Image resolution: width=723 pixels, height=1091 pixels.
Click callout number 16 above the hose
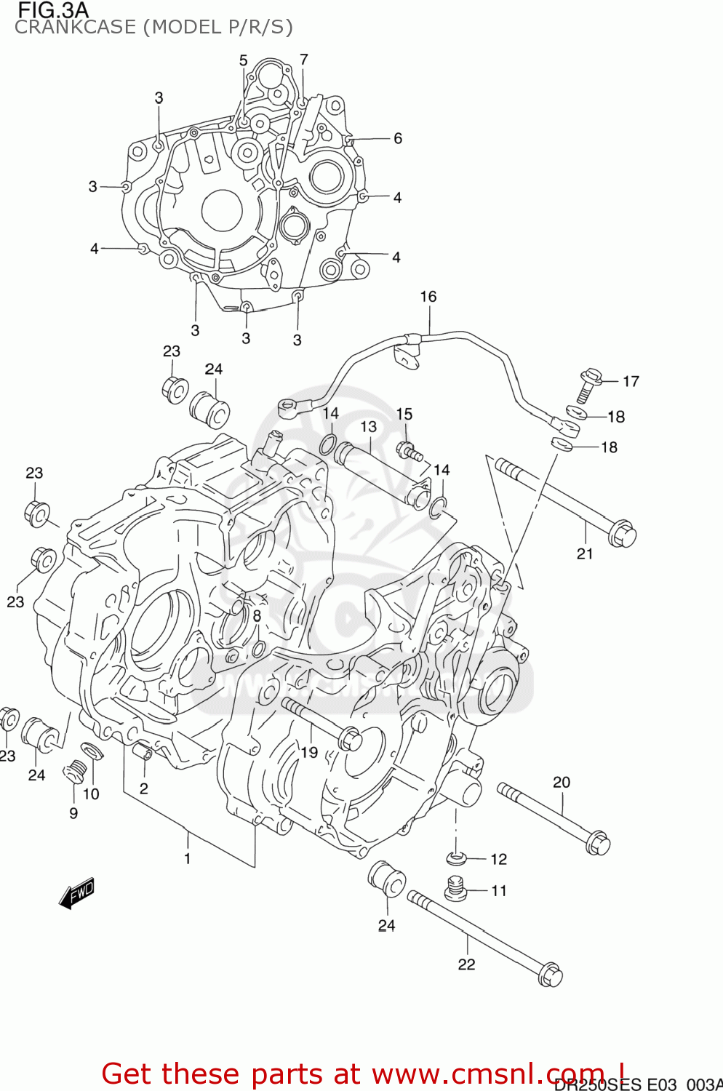pyautogui.click(x=428, y=297)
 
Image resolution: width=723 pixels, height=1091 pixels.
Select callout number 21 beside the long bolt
pyautogui.click(x=586, y=554)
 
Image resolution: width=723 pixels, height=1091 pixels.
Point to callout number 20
pyautogui.click(x=562, y=783)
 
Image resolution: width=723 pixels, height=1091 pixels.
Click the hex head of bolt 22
pyautogui.click(x=551, y=975)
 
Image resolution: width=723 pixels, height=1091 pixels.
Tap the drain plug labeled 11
pyautogui.click(x=455, y=888)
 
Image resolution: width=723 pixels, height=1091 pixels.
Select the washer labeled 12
pyautogui.click(x=455, y=858)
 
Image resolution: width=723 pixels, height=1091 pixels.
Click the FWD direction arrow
pyautogui.click(x=77, y=894)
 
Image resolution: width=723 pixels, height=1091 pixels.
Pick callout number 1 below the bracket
pyautogui.click(x=187, y=859)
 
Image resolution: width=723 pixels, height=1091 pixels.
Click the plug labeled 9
pyautogui.click(x=74, y=771)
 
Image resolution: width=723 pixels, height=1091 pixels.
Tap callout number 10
pyautogui.click(x=91, y=794)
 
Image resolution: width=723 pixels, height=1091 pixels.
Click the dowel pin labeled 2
pyautogui.click(x=143, y=751)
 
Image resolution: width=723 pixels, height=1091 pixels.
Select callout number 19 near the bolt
pyautogui.click(x=310, y=753)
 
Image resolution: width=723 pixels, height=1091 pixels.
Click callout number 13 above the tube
pyautogui.click(x=369, y=427)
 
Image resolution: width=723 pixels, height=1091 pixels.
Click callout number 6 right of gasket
pyautogui.click(x=398, y=138)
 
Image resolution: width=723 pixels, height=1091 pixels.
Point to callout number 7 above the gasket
pyautogui.click(x=304, y=60)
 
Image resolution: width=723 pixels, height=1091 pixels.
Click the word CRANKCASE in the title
pyautogui.click(x=76, y=28)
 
